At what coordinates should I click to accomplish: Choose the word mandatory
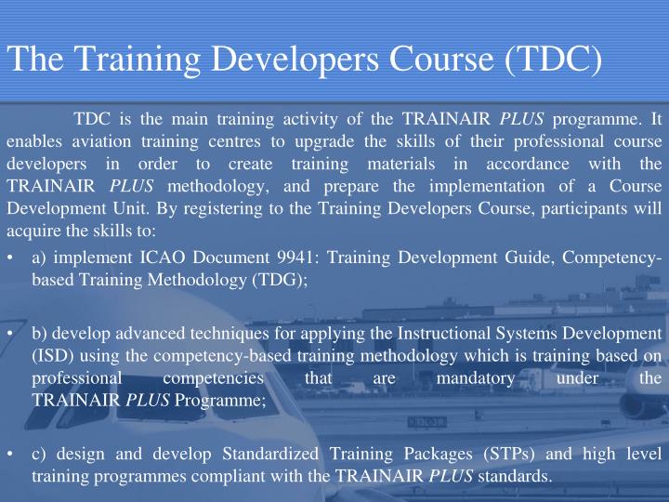pos(476,379)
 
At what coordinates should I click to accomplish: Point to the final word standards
pos(514,476)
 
